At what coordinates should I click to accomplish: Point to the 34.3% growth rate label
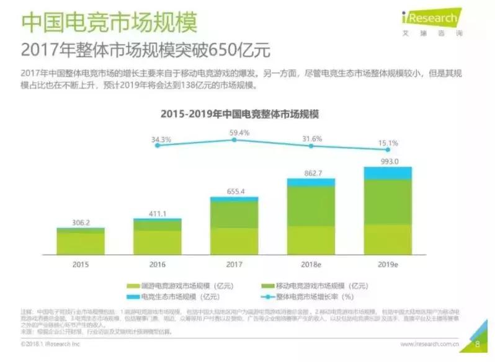[161, 140]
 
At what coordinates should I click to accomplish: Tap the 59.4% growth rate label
[239, 133]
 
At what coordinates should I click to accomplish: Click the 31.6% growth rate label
[311, 139]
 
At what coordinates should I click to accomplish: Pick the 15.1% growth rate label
[388, 143]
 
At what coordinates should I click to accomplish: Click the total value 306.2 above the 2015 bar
[81, 222]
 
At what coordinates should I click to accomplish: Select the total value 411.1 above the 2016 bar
[158, 213]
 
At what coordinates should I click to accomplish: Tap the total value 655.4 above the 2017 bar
[234, 192]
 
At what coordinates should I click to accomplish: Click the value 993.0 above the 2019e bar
[388, 161]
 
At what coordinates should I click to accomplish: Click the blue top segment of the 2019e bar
[388, 173]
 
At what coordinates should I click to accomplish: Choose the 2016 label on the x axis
[158, 264]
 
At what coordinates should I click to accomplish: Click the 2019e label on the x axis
[388, 264]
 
